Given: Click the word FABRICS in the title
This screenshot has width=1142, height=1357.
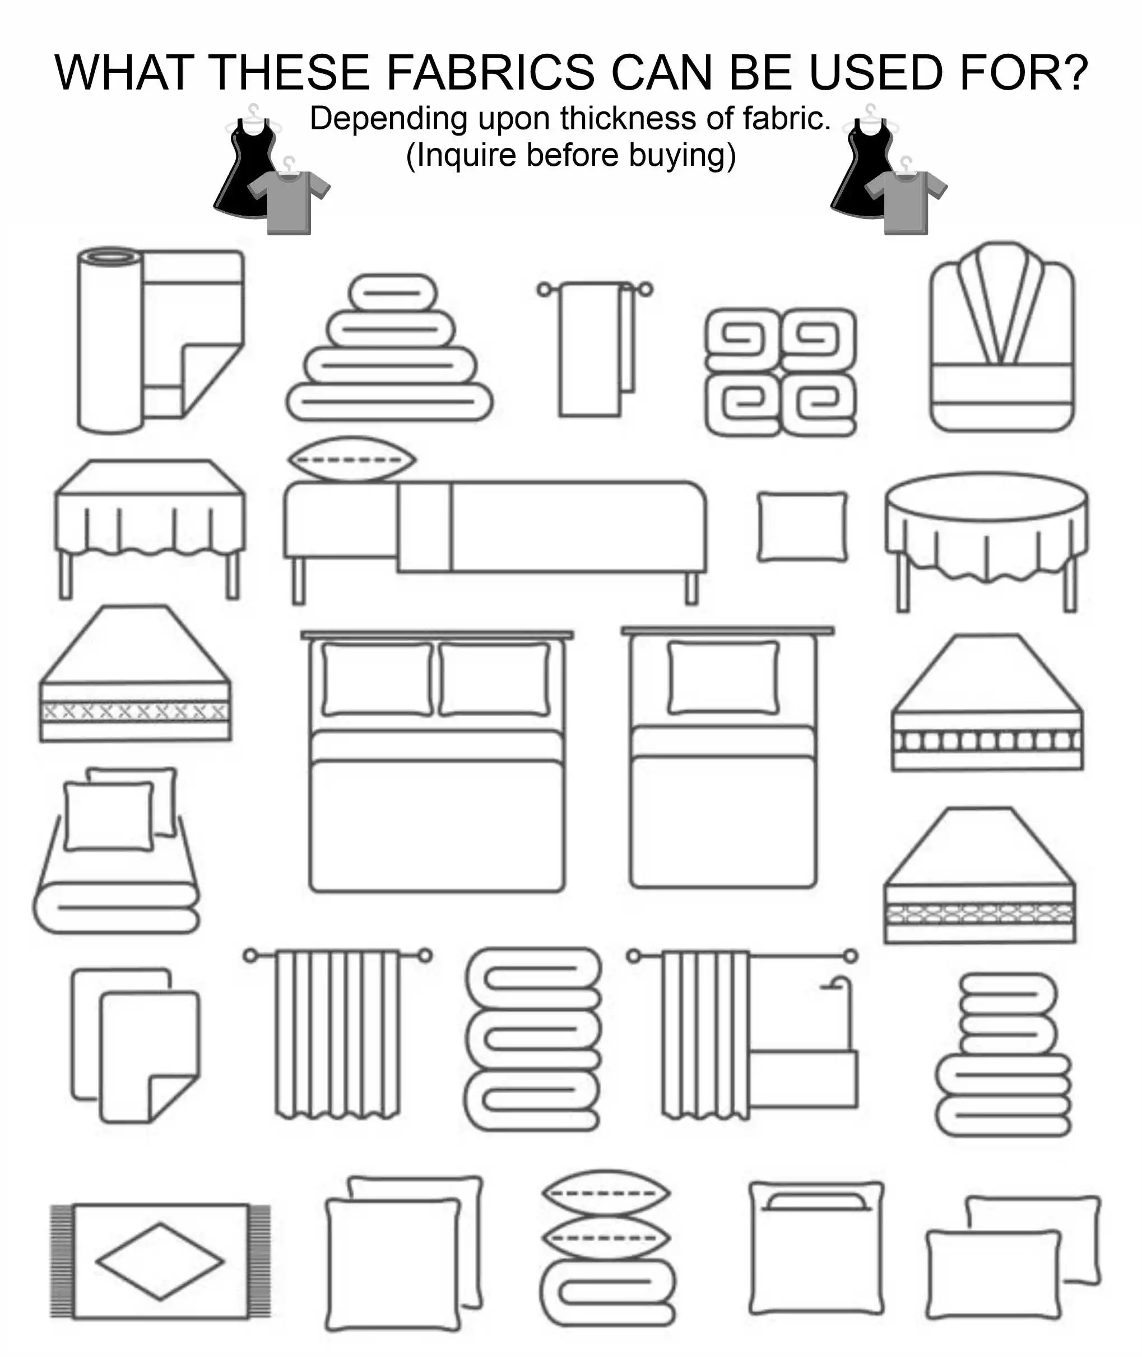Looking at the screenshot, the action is [x=490, y=72].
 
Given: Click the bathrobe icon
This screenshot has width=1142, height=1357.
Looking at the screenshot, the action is [x=1001, y=337].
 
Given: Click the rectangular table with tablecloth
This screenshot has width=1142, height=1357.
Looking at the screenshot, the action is [x=150, y=517].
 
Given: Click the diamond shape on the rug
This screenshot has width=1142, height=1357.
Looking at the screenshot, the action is [x=160, y=1261].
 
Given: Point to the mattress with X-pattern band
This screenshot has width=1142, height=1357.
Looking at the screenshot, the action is [x=134, y=712].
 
